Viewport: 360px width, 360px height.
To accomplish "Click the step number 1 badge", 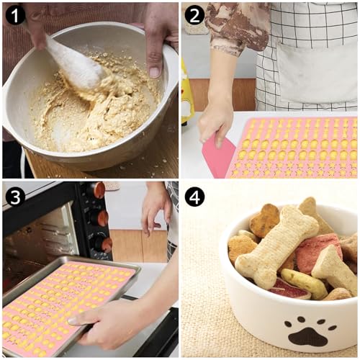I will click(x=16, y=15).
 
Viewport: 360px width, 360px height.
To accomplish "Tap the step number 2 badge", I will click(x=194, y=15).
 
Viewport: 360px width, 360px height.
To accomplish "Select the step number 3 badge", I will click(x=15, y=196).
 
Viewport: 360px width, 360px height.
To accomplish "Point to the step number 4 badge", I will click(x=195, y=196).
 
